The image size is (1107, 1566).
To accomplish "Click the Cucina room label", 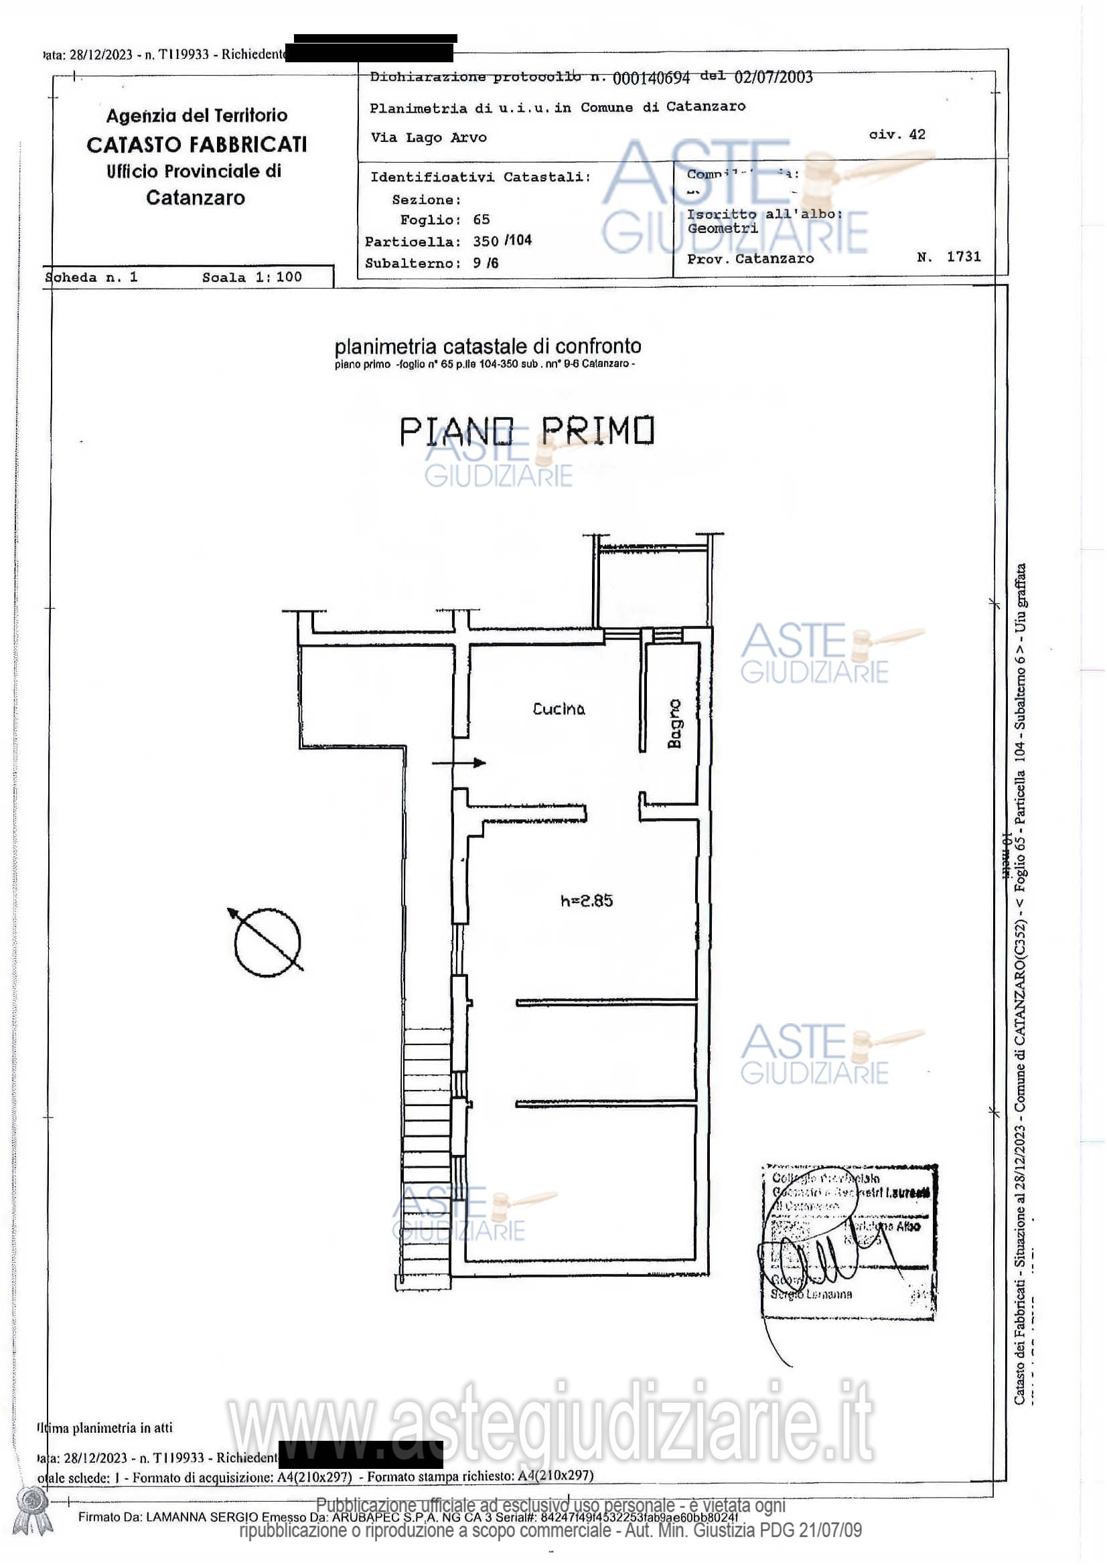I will tap(558, 708).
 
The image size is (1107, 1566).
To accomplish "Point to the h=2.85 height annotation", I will tap(586, 901).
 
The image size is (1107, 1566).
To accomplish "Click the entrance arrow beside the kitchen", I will tap(459, 763).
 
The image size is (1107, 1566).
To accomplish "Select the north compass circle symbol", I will tap(267, 941).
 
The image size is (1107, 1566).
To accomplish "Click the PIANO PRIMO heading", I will tap(526, 431).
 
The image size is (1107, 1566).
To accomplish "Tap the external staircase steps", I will tap(426, 1160).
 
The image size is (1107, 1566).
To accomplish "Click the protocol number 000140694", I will tap(651, 78).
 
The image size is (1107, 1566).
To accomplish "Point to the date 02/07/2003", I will tap(773, 77).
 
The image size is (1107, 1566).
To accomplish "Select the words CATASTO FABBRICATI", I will tap(196, 145).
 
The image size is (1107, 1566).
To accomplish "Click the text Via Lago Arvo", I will tap(429, 137).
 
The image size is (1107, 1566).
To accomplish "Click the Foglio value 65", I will tap(481, 220).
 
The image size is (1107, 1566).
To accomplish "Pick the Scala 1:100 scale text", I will tap(252, 277).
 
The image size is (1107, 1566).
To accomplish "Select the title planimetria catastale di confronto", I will tap(487, 347).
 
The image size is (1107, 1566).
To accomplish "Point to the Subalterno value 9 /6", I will tap(485, 263).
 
